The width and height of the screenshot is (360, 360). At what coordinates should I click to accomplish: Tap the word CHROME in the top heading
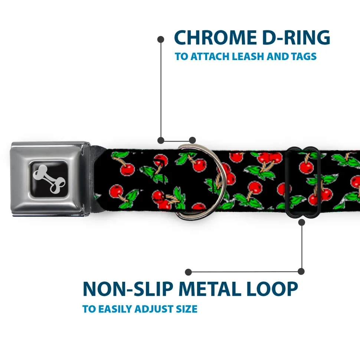click(x=215, y=38)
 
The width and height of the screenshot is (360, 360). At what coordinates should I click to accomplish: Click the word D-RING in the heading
click(x=296, y=38)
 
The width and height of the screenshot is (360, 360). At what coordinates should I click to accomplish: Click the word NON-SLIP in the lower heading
click(x=128, y=289)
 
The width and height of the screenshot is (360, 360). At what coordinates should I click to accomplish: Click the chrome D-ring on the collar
click(x=200, y=182)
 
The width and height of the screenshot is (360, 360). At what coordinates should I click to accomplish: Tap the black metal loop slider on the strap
click(x=302, y=182)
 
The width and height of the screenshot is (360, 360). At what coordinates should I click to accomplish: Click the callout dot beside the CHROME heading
click(x=161, y=39)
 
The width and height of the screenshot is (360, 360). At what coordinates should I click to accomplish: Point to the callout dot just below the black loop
click(x=302, y=222)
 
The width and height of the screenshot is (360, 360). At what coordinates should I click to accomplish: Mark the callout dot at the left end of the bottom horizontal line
click(x=188, y=272)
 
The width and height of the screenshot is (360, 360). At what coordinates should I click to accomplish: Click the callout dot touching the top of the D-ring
click(x=192, y=140)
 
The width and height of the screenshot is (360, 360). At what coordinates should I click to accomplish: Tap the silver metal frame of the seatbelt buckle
click(x=50, y=179)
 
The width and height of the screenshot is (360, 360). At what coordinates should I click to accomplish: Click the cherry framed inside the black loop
click(x=306, y=167)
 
